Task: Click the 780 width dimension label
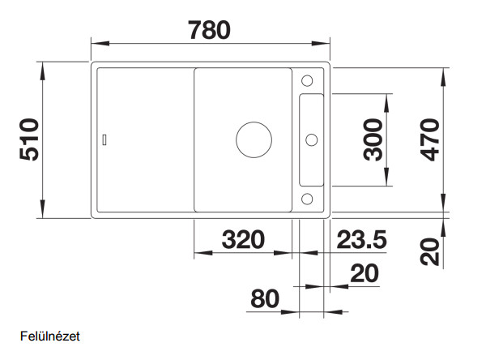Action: (209, 30)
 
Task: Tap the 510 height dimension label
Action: (29, 139)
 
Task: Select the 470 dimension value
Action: (429, 140)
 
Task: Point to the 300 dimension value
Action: (373, 139)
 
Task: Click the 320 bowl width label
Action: (243, 240)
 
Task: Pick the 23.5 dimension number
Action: (362, 240)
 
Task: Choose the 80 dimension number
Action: (265, 299)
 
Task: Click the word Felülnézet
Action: (50, 336)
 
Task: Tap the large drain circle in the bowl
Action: (254, 140)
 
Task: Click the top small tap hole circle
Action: (307, 81)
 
